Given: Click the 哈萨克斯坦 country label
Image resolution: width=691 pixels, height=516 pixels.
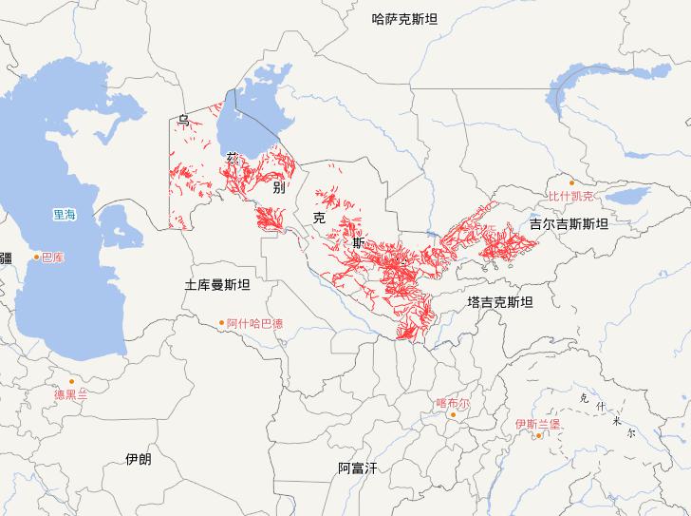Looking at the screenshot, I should tap(405, 18).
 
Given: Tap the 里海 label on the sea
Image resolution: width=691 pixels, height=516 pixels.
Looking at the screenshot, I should tap(65, 216).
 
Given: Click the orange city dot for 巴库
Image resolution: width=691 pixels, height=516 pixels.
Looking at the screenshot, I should tap(37, 257).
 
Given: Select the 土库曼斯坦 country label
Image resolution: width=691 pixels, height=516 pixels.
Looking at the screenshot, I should tap(217, 284).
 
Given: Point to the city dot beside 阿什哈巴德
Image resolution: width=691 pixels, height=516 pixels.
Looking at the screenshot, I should tap(221, 323).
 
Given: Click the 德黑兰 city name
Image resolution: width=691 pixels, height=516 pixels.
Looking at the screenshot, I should tap(70, 394).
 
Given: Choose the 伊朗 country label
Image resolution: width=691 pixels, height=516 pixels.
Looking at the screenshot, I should tap(138, 459).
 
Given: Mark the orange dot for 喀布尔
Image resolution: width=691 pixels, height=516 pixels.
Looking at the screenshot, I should tap(453, 414).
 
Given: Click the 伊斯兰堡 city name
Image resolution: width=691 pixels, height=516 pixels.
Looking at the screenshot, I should tap(537, 424).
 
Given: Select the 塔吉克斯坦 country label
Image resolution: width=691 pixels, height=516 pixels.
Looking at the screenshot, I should tap(500, 302).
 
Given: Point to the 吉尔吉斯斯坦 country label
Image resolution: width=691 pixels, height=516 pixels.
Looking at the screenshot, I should tap(569, 224).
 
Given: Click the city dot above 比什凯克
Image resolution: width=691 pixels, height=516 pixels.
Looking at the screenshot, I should tap(571, 183).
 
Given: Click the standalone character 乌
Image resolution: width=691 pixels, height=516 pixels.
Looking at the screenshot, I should tap(183, 120).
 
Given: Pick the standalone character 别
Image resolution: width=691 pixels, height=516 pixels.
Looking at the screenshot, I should tap(278, 187).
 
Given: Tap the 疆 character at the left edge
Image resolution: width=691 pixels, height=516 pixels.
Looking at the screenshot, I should tap(6, 258).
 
